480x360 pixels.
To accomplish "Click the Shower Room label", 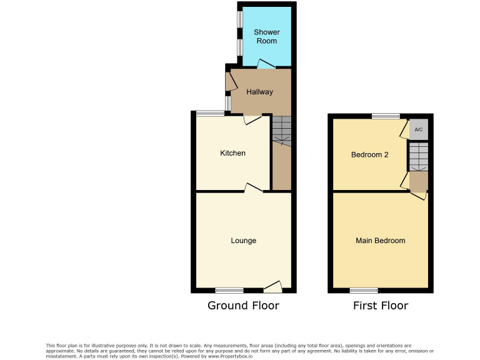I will click(x=267, y=36).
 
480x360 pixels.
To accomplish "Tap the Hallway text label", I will click(x=259, y=92).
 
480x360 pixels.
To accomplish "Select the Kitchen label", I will click(x=232, y=153).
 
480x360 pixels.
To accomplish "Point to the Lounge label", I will click(x=243, y=241).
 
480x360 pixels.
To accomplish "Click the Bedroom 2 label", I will click(x=369, y=154).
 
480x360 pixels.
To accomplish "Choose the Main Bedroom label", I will click(x=380, y=241).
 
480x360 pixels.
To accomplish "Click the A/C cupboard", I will click(x=419, y=129).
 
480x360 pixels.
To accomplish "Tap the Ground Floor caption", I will click(x=243, y=306).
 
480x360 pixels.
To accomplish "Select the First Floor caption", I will click(x=380, y=306).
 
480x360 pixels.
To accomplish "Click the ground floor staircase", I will click(x=282, y=131).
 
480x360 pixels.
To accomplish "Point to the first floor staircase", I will click(x=419, y=156).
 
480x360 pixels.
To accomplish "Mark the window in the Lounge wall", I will click(x=229, y=290).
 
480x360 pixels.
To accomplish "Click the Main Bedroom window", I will click(x=363, y=290).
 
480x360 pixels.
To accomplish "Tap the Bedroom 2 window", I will click(x=386, y=116).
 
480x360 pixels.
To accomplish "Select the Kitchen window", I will click(x=209, y=113).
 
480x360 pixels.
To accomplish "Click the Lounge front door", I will click(x=272, y=287).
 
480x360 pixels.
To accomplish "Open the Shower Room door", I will click(x=266, y=64).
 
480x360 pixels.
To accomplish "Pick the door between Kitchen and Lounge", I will click(x=253, y=188).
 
